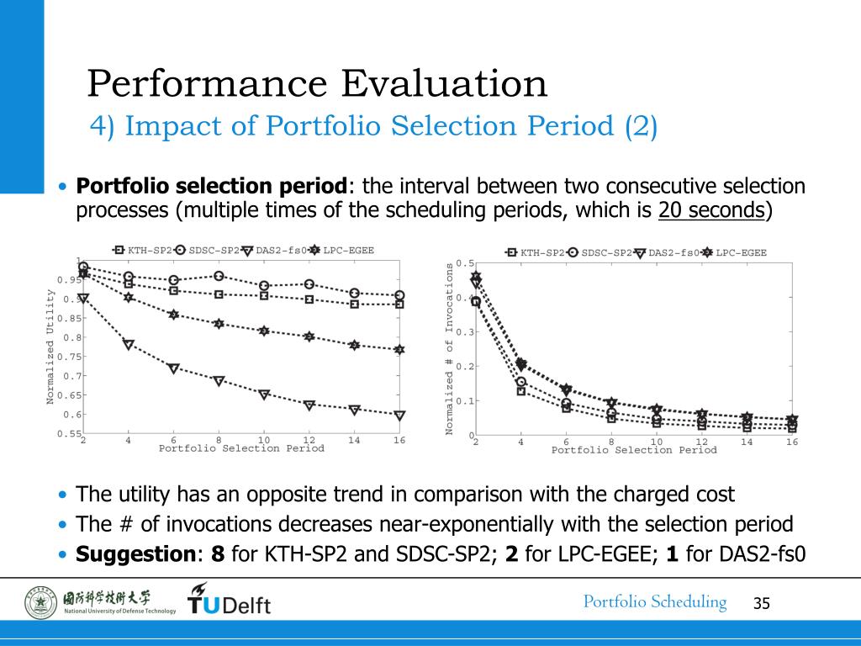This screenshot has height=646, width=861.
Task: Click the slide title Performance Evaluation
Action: pyautogui.click(x=317, y=83)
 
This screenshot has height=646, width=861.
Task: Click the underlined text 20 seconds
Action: pyautogui.click(x=711, y=210)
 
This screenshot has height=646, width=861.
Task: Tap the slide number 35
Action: pyautogui.click(x=762, y=603)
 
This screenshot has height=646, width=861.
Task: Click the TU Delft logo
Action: pyautogui.click(x=229, y=600)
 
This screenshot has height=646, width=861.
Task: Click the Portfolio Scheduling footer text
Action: pyautogui.click(x=655, y=601)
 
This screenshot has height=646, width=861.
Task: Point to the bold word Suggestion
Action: pyautogui.click(x=135, y=554)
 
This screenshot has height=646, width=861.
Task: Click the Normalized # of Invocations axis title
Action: pyautogui.click(x=450, y=348)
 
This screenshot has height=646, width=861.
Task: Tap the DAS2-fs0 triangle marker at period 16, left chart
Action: pyautogui.click(x=399, y=415)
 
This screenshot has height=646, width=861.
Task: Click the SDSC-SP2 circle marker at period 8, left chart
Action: pyautogui.click(x=219, y=276)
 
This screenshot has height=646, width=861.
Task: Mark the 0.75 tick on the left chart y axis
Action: pyautogui.click(x=69, y=357)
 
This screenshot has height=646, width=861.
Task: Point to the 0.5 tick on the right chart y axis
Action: pyautogui.click(x=464, y=263)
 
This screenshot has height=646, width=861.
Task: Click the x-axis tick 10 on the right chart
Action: pyautogui.click(x=657, y=442)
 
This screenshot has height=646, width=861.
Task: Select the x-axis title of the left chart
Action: pyautogui.click(x=241, y=448)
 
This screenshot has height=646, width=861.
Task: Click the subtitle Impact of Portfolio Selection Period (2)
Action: pyautogui.click(x=374, y=126)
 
